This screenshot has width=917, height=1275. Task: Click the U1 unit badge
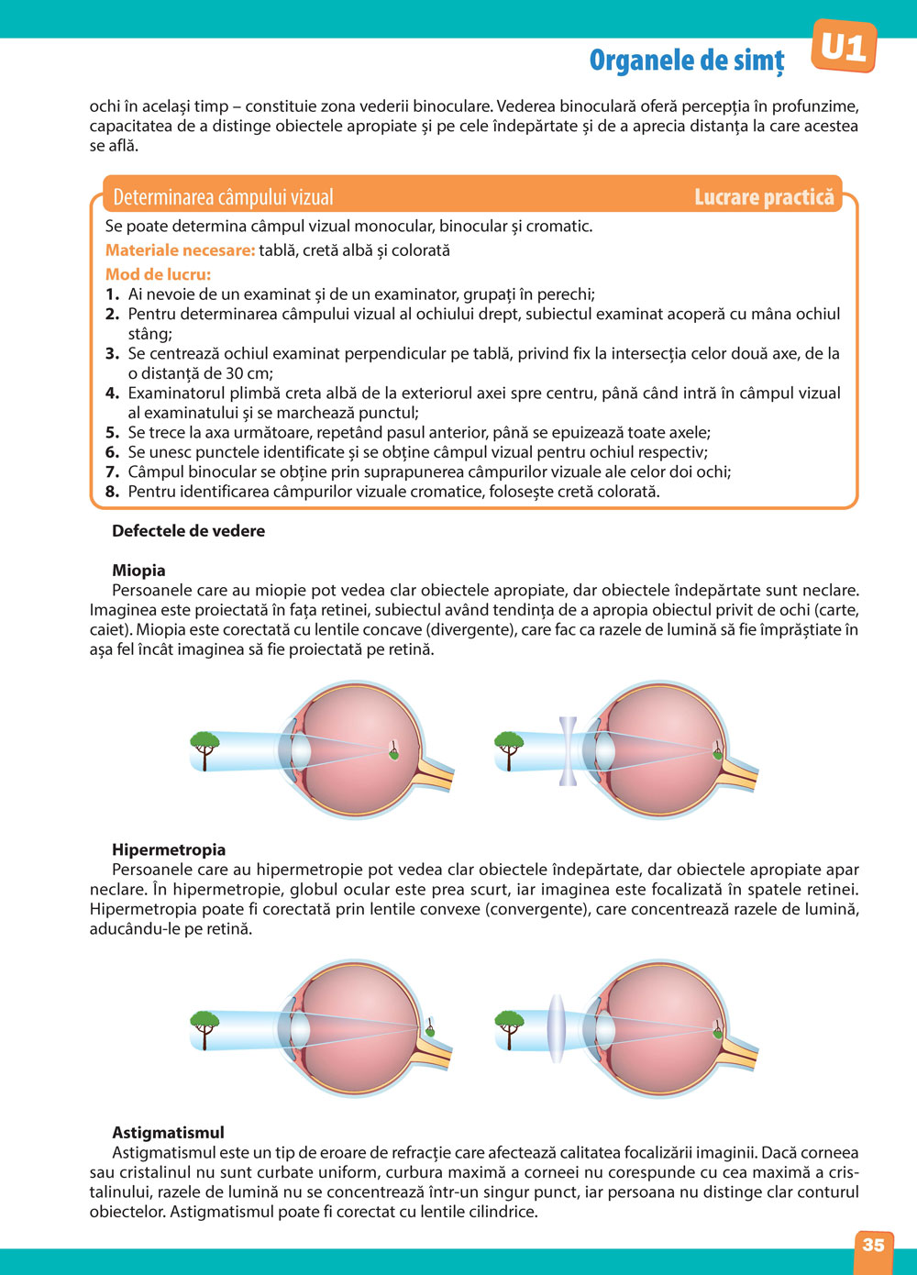(844, 47)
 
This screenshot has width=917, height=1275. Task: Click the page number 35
(873, 1245)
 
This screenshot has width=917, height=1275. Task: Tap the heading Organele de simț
(687, 61)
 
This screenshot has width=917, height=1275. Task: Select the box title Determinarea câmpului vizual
(223, 197)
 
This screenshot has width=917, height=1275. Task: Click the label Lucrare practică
(764, 197)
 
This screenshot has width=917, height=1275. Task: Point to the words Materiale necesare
(180, 250)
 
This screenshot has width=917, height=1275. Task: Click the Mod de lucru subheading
(158, 274)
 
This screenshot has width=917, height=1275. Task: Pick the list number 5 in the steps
(112, 433)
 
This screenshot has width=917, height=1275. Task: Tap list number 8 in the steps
(112, 492)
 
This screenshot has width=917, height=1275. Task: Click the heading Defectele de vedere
(188, 531)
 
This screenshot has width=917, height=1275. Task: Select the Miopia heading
(138, 571)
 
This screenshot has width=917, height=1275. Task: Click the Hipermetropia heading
(169, 850)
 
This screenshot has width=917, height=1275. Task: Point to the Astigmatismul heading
(168, 1133)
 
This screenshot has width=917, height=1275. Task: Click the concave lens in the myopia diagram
(569, 751)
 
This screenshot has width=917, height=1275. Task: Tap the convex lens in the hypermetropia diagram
(556, 1029)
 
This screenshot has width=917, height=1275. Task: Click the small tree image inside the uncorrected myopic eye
(393, 750)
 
